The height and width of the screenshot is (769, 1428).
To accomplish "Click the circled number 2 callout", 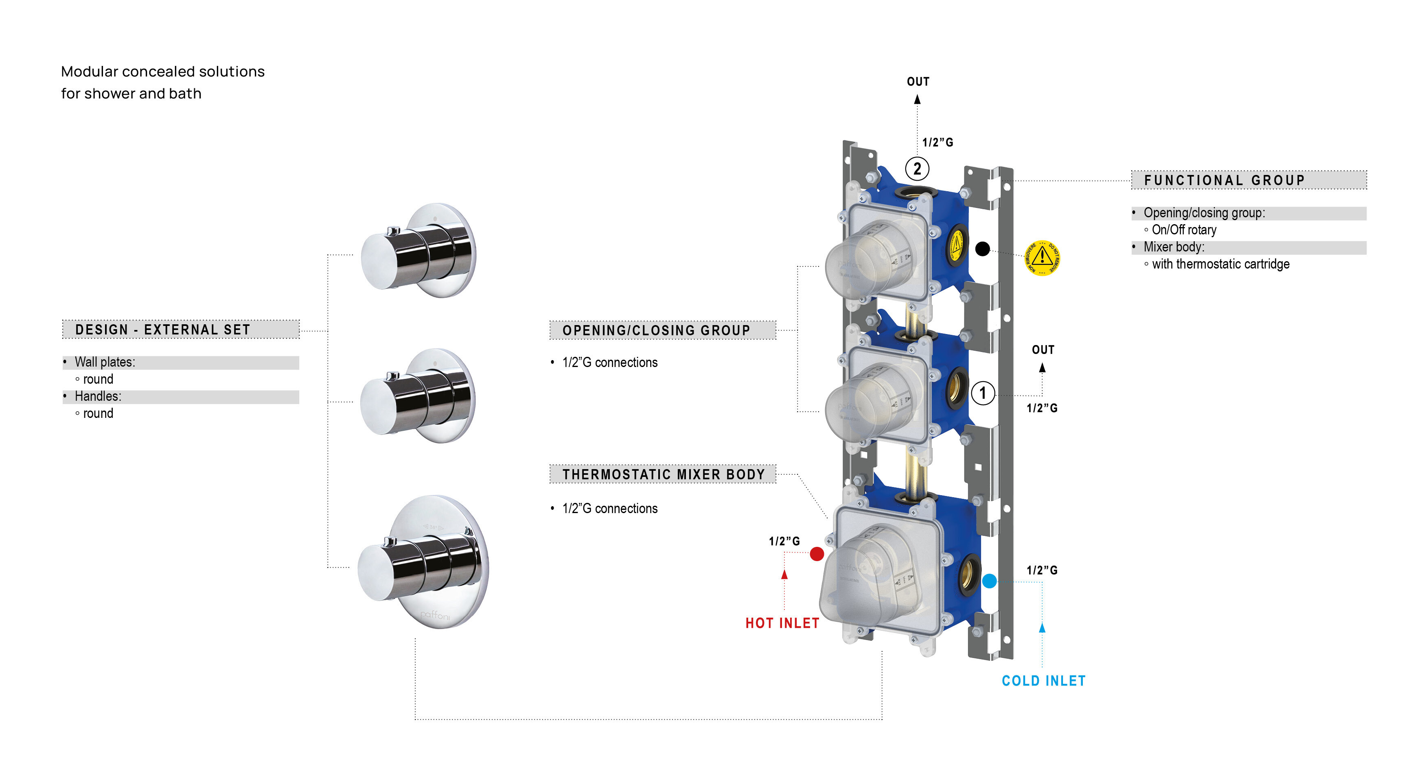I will [917, 168].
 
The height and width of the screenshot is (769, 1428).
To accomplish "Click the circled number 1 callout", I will [983, 393].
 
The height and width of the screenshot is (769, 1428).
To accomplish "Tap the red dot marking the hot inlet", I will [817, 553].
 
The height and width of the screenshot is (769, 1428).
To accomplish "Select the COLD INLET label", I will [1043, 681].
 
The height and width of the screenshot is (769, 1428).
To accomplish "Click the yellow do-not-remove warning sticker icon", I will [1042, 258].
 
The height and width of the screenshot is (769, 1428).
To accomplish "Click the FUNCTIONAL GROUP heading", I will [1224, 180].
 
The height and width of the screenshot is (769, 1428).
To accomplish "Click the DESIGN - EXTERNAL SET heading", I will [163, 330].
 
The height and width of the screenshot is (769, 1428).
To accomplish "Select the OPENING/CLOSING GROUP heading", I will [656, 330].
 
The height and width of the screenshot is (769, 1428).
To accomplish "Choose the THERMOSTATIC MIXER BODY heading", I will [664, 474].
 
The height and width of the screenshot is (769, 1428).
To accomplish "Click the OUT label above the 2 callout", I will [918, 81].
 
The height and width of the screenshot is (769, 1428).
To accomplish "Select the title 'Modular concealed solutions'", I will [163, 72].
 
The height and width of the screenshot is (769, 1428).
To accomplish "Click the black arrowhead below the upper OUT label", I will [918, 100].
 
